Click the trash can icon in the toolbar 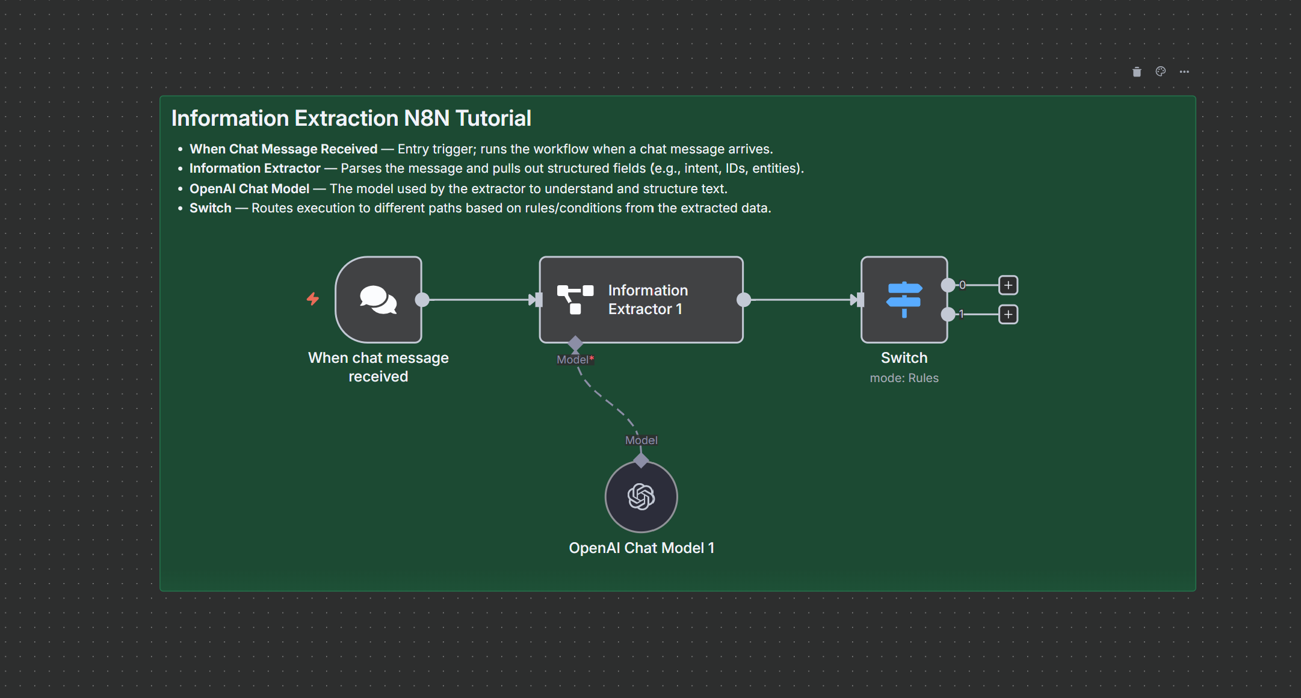pos(1137,72)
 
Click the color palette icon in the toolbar pos(1161,72)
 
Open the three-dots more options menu pos(1184,72)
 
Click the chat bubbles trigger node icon pos(378,300)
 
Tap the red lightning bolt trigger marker pos(313,298)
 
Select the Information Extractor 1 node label pos(647,300)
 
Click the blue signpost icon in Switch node pos(904,299)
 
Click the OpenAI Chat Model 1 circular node pos(641,496)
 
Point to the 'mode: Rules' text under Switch pos(904,378)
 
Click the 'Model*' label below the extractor pos(575,360)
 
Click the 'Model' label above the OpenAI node pos(641,440)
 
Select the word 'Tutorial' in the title pos(493,119)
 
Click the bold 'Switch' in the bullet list pos(210,208)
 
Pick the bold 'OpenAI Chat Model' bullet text pos(249,189)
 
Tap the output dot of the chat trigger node pos(422,300)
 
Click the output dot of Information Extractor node pos(744,300)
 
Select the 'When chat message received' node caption pos(378,367)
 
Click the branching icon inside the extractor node pos(575,300)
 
